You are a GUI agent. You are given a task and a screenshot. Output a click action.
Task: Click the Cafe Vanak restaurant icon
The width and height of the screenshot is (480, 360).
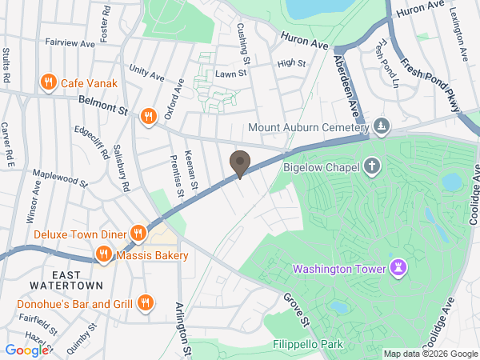[x=49, y=82]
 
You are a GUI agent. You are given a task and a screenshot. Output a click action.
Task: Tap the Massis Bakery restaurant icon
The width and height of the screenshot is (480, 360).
[x=103, y=255]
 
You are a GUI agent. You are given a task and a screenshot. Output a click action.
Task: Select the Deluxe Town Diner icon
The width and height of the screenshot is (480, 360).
[x=138, y=234]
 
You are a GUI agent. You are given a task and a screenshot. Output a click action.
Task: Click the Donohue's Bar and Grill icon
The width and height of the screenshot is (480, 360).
[x=145, y=302]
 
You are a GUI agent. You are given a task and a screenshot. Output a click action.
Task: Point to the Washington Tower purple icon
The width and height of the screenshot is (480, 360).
[x=398, y=267]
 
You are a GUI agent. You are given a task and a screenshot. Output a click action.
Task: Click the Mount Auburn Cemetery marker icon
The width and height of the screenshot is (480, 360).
[x=382, y=126]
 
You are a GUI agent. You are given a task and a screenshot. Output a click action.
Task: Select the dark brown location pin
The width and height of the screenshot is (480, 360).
[x=239, y=164]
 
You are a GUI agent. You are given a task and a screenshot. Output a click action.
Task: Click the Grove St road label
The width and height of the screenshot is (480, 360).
[x=294, y=309]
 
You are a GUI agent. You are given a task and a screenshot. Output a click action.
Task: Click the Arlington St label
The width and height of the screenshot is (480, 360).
[x=184, y=328]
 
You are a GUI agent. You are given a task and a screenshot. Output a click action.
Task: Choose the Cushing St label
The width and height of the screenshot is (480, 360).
[x=244, y=44]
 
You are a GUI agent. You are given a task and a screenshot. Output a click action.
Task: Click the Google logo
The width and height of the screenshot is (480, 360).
[x=26, y=350]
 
